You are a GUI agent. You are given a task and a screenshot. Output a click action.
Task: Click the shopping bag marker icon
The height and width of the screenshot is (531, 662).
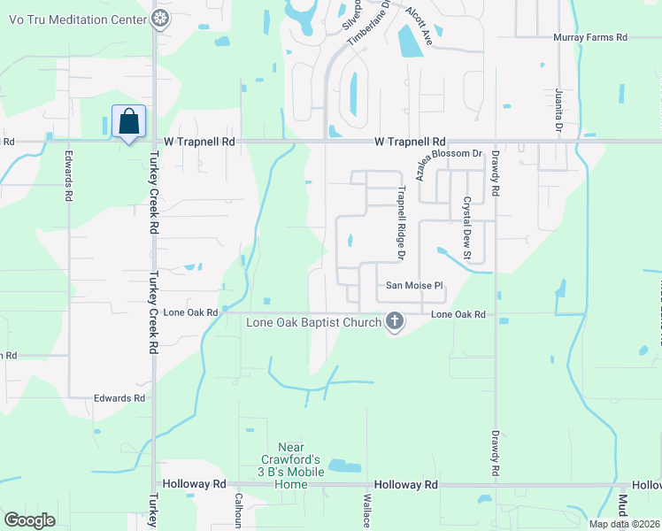(128, 122)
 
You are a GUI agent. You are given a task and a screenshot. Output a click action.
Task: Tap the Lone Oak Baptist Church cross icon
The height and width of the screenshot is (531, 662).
(395, 322)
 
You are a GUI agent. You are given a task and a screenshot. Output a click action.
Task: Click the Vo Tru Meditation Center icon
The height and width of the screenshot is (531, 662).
(160, 18)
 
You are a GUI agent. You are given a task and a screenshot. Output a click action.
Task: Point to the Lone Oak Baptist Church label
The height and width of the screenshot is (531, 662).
(313, 323)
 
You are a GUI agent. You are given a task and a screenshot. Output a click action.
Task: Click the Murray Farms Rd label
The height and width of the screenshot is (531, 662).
(589, 37)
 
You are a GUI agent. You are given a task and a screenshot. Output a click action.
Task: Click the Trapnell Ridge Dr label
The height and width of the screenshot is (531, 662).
(400, 222)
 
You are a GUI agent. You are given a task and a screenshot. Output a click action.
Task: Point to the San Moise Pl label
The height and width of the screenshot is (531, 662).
(413, 286)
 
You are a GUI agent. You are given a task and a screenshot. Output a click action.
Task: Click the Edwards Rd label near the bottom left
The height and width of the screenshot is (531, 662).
(119, 398)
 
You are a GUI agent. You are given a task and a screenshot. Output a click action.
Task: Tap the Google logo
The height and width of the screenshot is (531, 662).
(30, 520)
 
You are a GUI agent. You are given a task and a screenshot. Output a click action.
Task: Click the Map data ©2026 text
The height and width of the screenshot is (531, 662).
(623, 524)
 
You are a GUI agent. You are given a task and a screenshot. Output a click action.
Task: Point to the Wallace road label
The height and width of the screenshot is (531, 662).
(365, 512)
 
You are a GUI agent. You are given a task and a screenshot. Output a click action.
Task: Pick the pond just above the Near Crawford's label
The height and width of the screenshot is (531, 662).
(345, 466)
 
